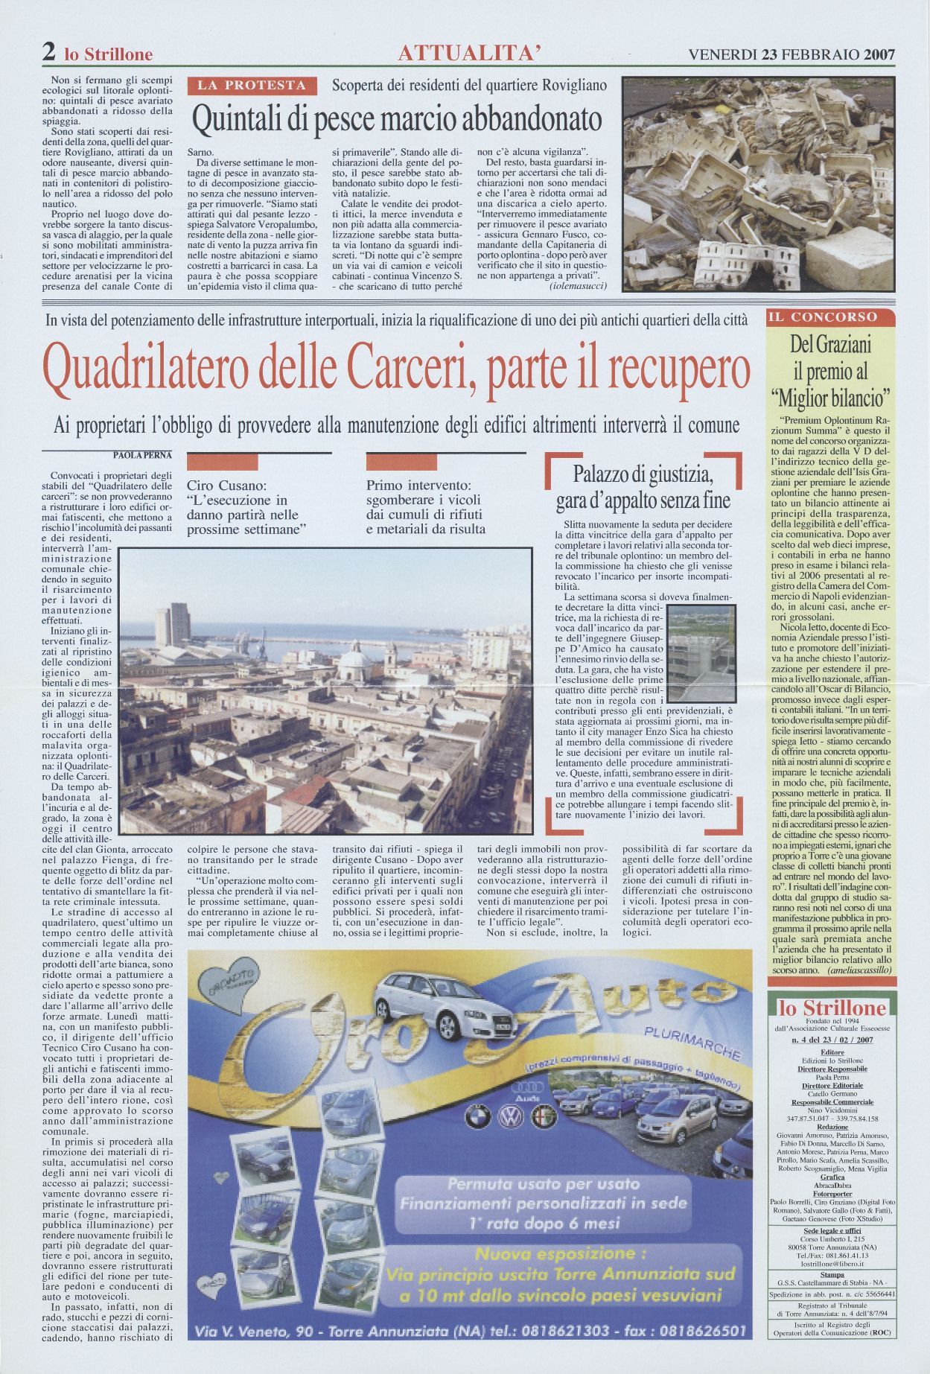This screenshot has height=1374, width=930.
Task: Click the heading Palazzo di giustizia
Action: pos(643,474)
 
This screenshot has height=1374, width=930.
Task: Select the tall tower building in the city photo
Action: pos(173,626)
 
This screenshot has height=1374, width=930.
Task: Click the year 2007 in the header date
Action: pos(879,54)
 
